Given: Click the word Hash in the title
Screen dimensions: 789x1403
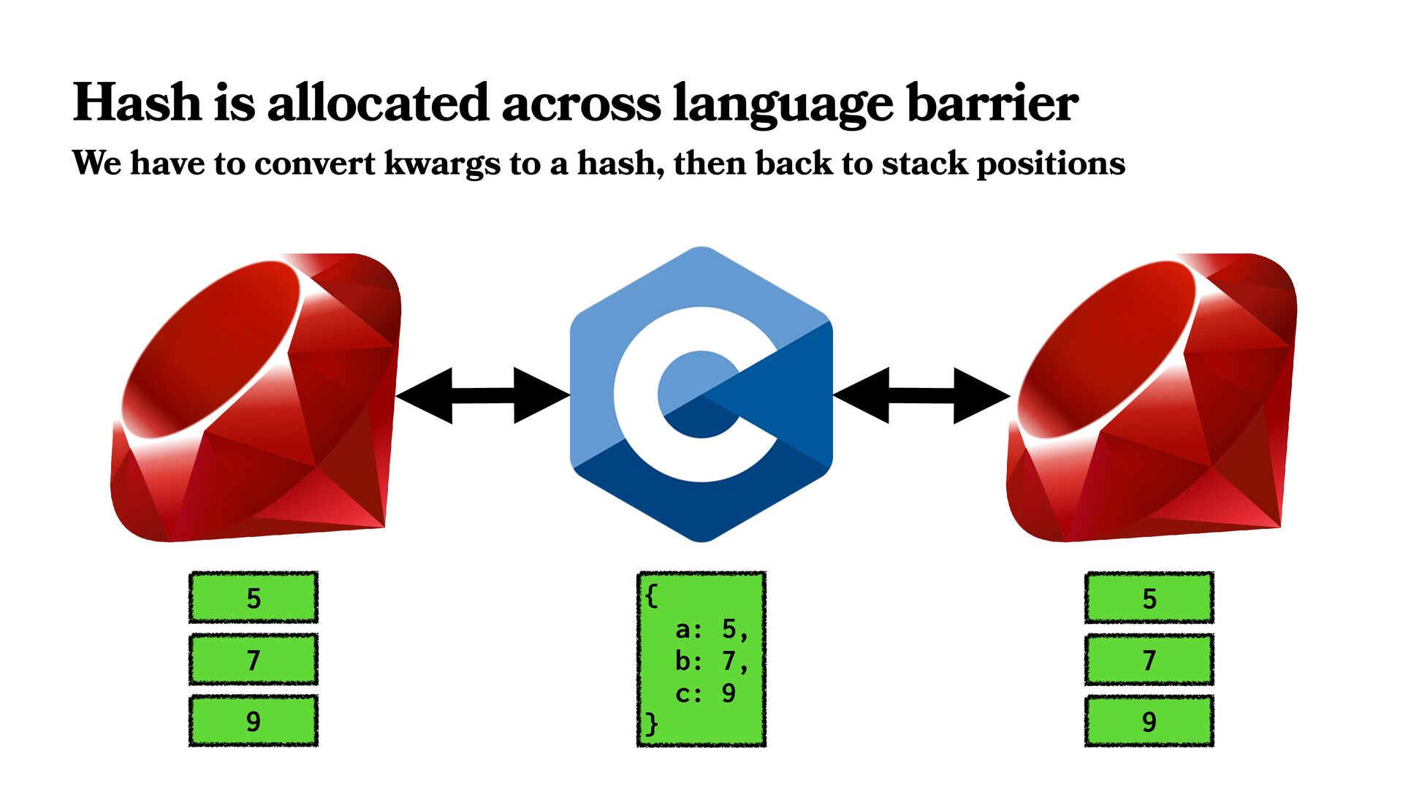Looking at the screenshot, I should (137, 102).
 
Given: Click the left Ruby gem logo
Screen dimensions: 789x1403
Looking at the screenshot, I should (256, 398).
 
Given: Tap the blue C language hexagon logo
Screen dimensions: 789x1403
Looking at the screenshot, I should (701, 394).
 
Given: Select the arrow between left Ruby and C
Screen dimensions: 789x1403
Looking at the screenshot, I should (482, 395).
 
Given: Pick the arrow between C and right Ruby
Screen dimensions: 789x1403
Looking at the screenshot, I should (921, 395).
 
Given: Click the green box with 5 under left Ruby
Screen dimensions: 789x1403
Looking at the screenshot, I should (253, 598).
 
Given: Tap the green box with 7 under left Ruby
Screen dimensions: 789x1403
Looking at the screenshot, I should (253, 660).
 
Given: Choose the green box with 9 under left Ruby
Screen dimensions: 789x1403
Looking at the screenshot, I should (253, 721).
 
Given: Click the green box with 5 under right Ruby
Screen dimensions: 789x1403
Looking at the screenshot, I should (1149, 598).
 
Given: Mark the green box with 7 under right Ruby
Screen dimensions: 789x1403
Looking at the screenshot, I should (1149, 660).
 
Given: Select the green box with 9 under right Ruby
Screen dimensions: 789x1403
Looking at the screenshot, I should (1149, 721).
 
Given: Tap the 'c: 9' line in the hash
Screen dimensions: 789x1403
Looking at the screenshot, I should (704, 693).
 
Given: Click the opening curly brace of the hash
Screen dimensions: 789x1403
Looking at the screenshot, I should (651, 595).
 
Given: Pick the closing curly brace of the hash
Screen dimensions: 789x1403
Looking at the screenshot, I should (651, 724).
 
